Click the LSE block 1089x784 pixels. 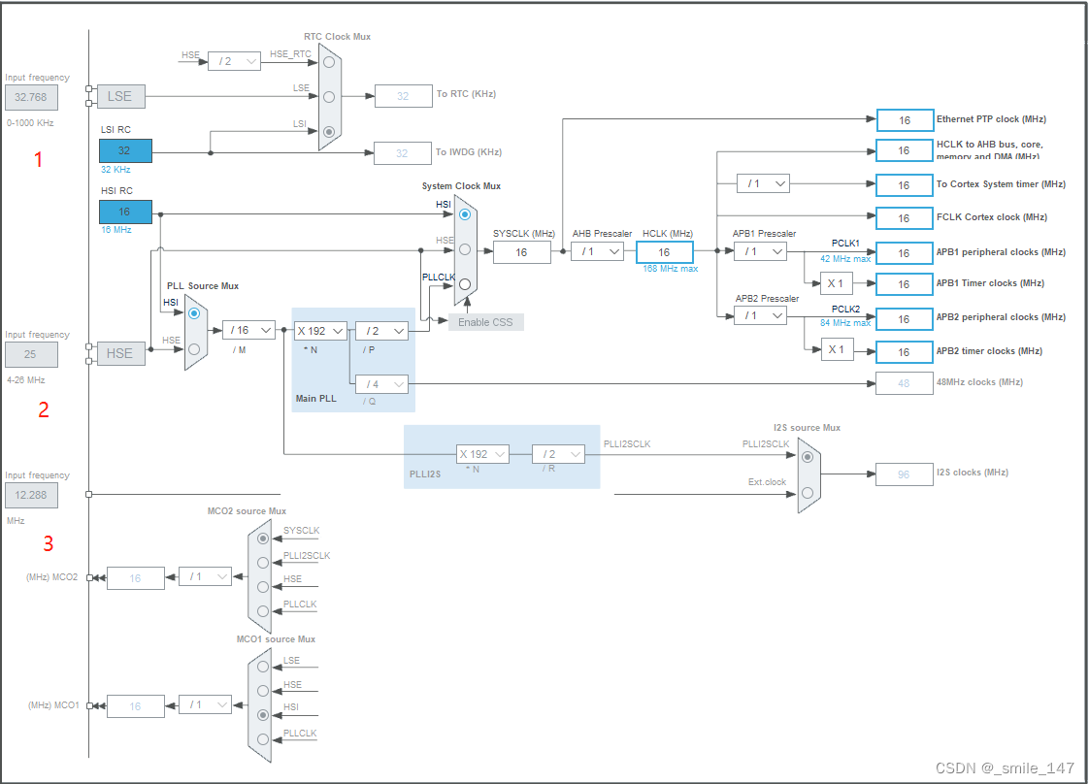(119, 96)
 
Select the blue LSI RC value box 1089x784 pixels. (125, 150)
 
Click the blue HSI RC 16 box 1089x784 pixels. (125, 212)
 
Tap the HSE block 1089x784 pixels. (119, 353)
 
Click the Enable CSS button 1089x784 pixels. (485, 321)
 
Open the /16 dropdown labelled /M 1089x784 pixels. (248, 330)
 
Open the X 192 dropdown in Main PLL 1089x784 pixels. (320, 330)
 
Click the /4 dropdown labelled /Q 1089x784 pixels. (380, 383)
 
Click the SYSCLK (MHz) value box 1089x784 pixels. (521, 252)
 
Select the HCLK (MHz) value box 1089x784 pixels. (664, 252)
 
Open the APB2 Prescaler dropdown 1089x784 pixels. (760, 315)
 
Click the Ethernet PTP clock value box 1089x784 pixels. (904, 120)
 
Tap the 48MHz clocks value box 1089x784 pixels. (904, 383)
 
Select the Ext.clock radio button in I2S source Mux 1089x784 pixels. (808, 493)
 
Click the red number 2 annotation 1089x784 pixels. (44, 409)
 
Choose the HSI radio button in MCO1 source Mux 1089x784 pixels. (262, 714)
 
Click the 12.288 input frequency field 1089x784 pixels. (31, 496)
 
